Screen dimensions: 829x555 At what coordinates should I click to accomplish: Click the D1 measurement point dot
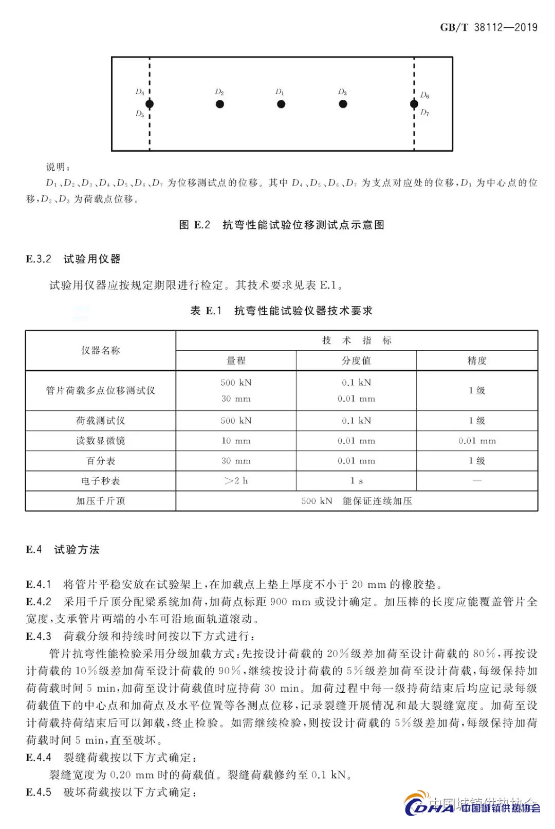coord(281,104)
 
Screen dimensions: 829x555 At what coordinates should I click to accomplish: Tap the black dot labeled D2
coord(220,104)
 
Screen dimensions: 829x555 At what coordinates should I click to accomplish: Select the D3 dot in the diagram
coord(343,104)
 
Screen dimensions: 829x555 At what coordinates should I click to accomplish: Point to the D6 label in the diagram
coord(424,95)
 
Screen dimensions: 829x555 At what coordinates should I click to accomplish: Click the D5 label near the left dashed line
coord(140,114)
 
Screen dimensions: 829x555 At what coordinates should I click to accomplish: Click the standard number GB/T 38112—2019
coord(488,27)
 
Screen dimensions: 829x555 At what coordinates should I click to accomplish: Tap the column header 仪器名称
coord(101,350)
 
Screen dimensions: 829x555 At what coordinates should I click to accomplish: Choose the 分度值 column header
coord(356,361)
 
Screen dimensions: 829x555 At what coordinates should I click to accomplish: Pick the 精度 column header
coord(477,361)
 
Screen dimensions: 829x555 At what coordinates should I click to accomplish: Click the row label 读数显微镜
coord(101,441)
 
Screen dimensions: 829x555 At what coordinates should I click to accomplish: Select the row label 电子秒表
coord(101,481)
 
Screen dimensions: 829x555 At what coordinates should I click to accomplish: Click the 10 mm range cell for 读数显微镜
coord(236,441)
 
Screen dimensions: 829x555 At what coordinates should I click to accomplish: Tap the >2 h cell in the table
coord(236,481)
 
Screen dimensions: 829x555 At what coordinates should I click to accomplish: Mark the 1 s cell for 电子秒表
coord(356,481)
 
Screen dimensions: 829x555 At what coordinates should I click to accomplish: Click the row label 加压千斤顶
coord(101,501)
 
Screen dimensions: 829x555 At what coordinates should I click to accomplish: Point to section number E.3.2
coord(39,259)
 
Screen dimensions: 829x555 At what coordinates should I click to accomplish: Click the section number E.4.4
coord(39,758)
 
